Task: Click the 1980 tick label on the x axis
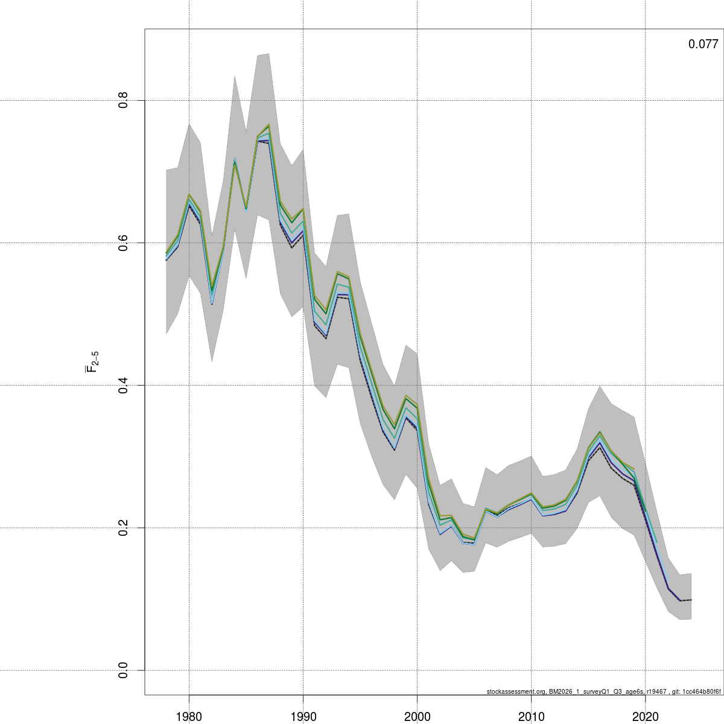tap(189, 716)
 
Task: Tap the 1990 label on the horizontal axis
tap(303, 716)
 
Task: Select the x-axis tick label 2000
tap(417, 716)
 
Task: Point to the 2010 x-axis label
tap(531, 716)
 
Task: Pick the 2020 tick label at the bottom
tap(645, 716)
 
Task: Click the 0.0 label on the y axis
tap(124, 670)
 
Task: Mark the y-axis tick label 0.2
tap(124, 527)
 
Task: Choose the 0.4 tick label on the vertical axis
tap(124, 385)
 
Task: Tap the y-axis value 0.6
tap(124, 243)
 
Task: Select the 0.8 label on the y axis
tap(124, 100)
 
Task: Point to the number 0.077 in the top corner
tap(703, 44)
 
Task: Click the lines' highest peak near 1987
tap(268, 125)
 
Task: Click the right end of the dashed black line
tap(691, 600)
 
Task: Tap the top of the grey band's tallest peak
tap(268, 54)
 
